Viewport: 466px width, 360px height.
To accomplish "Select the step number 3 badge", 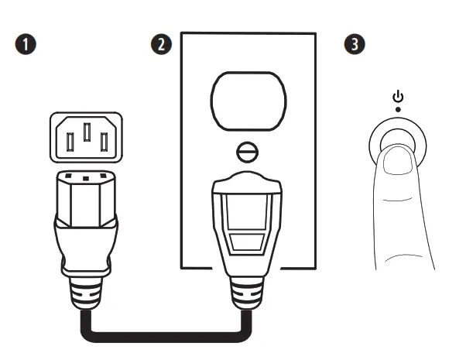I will pos(355,44).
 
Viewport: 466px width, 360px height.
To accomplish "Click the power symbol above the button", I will pos(398,97).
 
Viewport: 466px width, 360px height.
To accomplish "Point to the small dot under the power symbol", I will pos(398,110).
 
